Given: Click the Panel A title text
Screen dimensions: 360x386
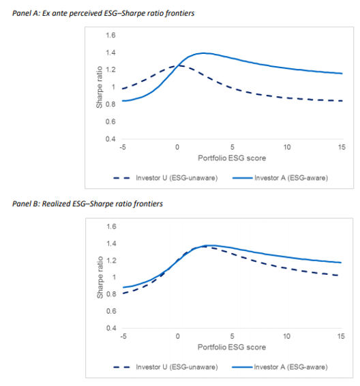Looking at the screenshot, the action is pyautogui.click(x=104, y=13).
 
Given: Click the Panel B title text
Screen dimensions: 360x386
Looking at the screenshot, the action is pyautogui.click(x=87, y=204).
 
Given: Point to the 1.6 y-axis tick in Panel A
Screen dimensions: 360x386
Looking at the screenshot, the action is pyautogui.click(x=110, y=35).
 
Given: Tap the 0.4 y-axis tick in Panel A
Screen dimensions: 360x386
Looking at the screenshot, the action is pyautogui.click(x=110, y=139).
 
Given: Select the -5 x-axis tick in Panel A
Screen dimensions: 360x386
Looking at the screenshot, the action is pyautogui.click(x=123, y=147).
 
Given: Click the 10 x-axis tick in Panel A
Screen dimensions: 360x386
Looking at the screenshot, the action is pyautogui.click(x=287, y=147).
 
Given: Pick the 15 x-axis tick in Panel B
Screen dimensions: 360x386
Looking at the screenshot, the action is pyautogui.click(x=341, y=336).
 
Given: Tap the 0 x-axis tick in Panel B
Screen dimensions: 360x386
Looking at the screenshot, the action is pyautogui.click(x=178, y=336).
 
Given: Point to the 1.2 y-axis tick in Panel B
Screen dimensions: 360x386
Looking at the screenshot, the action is pyautogui.click(x=111, y=261).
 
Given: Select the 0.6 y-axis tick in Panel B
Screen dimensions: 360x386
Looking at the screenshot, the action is pyautogui.click(x=111, y=311).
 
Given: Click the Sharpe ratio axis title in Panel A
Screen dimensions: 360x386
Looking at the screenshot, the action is pyautogui.click(x=99, y=87).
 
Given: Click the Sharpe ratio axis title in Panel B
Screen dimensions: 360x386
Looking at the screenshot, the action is pyautogui.click(x=100, y=278).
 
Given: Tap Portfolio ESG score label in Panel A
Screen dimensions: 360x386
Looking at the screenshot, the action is pyautogui.click(x=232, y=158).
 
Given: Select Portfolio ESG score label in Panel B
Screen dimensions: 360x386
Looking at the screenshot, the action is pyautogui.click(x=232, y=347).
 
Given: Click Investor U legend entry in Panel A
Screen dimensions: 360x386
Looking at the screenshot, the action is pyautogui.click(x=166, y=178).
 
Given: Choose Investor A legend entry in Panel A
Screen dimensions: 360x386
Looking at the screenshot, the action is pyautogui.click(x=280, y=178).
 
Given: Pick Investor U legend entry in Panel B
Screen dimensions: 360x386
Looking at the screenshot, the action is pyautogui.click(x=166, y=367).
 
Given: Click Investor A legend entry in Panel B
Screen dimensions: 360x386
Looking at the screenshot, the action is pyautogui.click(x=280, y=367).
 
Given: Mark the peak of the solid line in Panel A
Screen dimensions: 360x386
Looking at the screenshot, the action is pyautogui.click(x=203, y=53).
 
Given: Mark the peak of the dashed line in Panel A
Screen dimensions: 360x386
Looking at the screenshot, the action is pyautogui.click(x=179, y=65).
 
